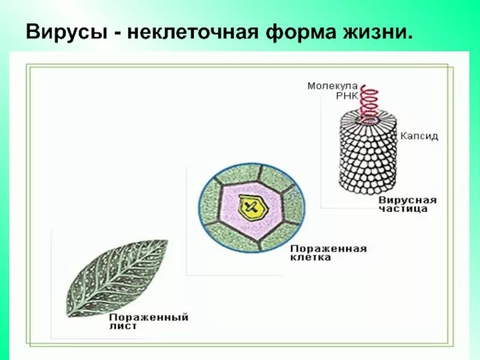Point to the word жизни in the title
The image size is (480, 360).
pos(377,31)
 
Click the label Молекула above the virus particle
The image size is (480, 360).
pos(332,86)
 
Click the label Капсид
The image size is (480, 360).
pos(419,136)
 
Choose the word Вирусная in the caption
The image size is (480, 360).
pos(408,200)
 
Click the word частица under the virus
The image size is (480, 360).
pos(403,209)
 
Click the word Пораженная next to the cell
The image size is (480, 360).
pos(328,248)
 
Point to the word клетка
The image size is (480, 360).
pos(311,257)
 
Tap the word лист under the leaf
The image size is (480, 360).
pos(124,326)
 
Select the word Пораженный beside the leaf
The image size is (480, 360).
pos(149,317)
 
